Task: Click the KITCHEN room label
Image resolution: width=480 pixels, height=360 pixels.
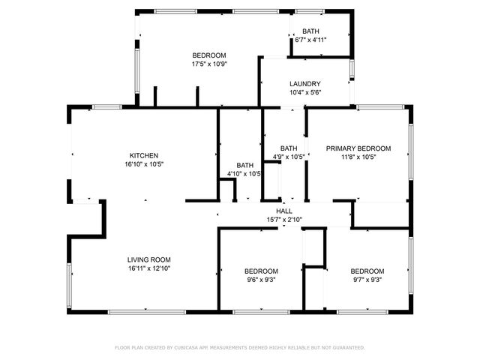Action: (x=143, y=155)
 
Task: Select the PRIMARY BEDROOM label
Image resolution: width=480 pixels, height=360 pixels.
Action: (x=358, y=148)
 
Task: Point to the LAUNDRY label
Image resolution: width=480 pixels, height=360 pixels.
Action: (x=305, y=84)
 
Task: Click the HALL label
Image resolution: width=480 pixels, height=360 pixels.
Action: (x=284, y=211)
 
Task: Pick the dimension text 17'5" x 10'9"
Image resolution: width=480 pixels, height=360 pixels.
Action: (x=209, y=64)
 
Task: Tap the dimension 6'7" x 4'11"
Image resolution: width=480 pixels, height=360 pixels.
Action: (x=310, y=40)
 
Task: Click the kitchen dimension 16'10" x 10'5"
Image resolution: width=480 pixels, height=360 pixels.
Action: (x=144, y=164)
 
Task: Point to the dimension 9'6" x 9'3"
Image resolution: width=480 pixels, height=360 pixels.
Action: (x=262, y=280)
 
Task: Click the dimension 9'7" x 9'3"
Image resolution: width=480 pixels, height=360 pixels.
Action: (x=367, y=280)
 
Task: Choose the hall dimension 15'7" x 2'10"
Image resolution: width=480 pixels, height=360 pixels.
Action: (x=284, y=220)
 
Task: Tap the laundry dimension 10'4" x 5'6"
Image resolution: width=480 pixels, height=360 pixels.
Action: (x=305, y=92)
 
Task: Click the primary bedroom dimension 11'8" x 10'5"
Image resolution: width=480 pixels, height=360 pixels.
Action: (x=358, y=157)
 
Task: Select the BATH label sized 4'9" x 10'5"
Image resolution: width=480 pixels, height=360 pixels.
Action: (x=289, y=148)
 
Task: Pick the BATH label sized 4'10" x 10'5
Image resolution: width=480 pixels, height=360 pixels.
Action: (x=245, y=165)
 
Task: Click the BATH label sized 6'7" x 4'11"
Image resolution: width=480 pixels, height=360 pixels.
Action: (x=310, y=31)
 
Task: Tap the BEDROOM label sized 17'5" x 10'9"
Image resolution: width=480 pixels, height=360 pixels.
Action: (x=209, y=55)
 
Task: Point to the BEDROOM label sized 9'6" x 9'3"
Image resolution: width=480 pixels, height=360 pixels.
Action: (x=262, y=271)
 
